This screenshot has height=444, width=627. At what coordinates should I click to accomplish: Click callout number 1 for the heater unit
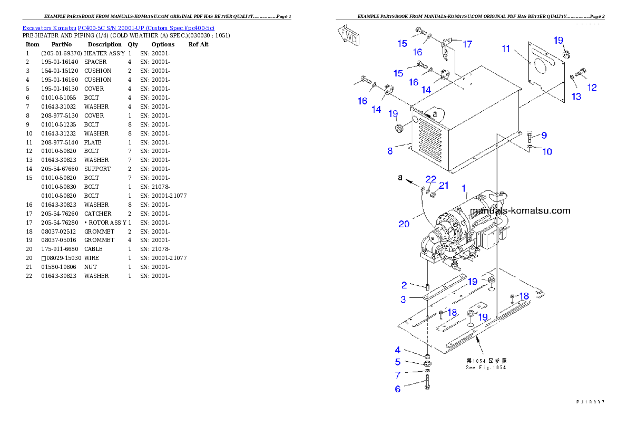464,188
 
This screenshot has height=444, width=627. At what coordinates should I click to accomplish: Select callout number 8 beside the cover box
390,151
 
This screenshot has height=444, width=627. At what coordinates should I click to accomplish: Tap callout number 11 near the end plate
506,49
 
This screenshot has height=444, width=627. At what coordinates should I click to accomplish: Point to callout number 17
467,44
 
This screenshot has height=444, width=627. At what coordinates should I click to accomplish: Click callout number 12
592,88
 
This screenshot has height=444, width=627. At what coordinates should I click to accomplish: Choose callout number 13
576,96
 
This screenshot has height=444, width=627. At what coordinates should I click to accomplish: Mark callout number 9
544,136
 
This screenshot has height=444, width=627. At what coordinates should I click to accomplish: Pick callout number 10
547,152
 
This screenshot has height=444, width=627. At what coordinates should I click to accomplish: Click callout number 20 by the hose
404,224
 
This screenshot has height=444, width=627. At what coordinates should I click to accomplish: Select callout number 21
444,186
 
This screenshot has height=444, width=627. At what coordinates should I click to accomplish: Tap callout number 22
431,180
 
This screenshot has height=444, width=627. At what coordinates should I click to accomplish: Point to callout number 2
404,285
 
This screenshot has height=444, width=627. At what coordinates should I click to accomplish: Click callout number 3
403,300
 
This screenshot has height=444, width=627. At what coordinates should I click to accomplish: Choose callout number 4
398,350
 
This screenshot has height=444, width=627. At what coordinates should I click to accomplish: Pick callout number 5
398,362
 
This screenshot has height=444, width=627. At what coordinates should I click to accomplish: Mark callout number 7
398,375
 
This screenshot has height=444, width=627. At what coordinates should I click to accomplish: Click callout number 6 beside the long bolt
398,389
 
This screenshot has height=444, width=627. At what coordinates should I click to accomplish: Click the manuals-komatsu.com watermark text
520,211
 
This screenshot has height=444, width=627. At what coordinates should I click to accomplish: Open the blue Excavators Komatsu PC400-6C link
118,27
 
